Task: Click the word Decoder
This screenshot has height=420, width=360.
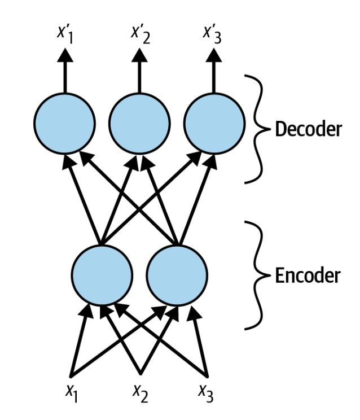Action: (x=308, y=129)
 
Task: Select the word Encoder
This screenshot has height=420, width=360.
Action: (x=308, y=276)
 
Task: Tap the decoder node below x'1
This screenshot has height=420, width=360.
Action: (x=63, y=123)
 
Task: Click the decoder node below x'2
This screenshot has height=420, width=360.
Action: (x=139, y=123)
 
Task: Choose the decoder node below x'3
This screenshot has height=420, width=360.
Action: (x=214, y=123)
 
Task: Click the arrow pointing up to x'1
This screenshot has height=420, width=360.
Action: (x=63, y=71)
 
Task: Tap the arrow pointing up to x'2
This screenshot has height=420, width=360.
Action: (x=139, y=71)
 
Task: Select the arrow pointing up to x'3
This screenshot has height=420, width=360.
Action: (x=214, y=71)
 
